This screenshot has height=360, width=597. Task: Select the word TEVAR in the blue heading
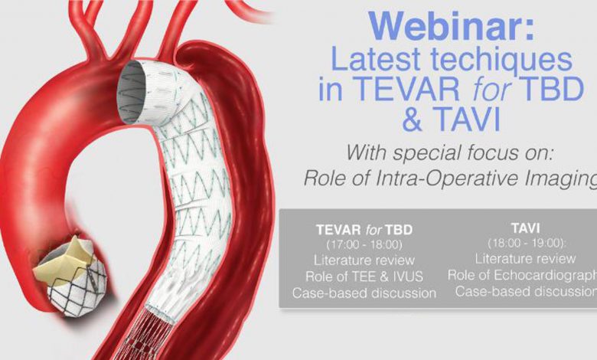(x=408, y=88)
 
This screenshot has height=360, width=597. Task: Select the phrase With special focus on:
(x=449, y=152)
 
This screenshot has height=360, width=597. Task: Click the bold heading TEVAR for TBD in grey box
(x=364, y=230)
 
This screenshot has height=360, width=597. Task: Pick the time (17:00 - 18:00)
(x=364, y=244)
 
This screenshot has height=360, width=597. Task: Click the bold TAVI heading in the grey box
(x=525, y=228)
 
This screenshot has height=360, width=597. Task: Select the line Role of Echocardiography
(x=522, y=276)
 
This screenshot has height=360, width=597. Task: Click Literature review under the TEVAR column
(x=364, y=260)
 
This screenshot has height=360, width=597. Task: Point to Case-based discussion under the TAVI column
(x=526, y=291)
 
